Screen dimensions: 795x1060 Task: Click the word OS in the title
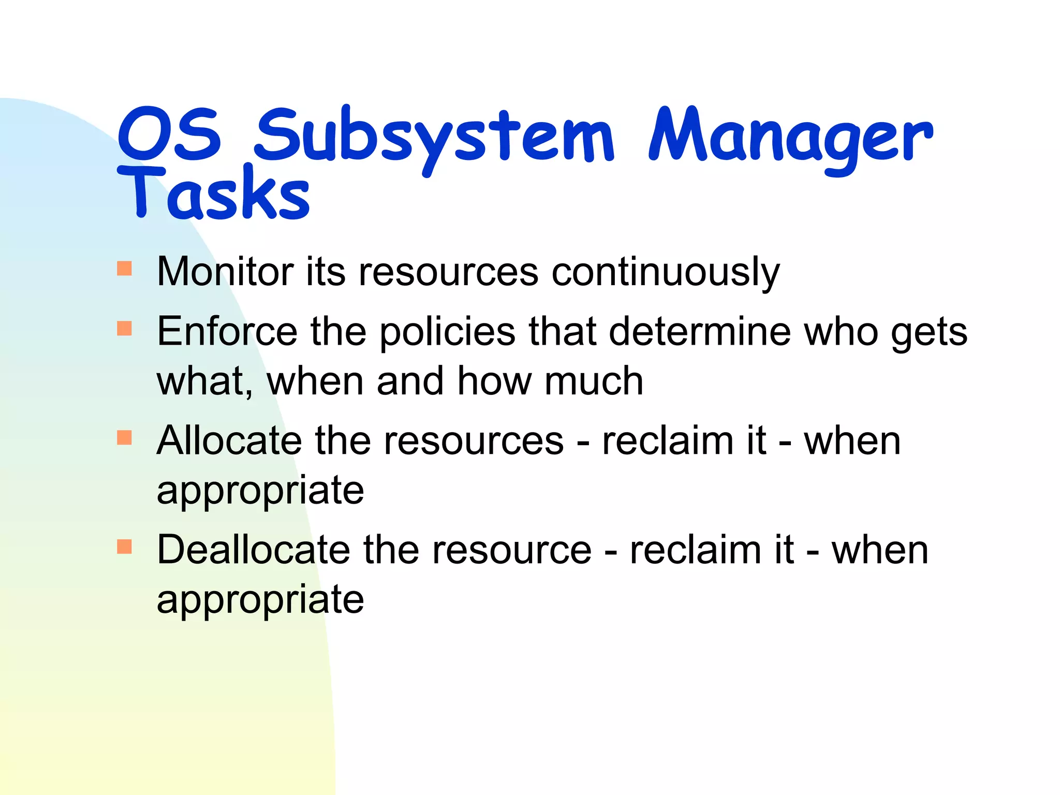169,135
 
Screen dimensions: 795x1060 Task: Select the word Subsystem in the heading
434,137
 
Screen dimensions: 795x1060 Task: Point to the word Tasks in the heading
214,194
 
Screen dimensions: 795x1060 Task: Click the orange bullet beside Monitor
125,269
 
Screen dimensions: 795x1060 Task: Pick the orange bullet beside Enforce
125,328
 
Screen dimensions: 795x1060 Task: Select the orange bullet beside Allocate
125,437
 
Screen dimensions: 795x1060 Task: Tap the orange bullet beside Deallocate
125,547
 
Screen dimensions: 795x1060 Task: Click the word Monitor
225,271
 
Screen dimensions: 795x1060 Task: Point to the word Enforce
227,331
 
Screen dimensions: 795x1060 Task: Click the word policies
447,332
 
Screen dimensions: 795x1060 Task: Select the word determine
700,331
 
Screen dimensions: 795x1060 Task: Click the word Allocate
229,440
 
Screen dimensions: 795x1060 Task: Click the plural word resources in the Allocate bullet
474,441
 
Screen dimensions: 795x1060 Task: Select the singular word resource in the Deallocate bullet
512,550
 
